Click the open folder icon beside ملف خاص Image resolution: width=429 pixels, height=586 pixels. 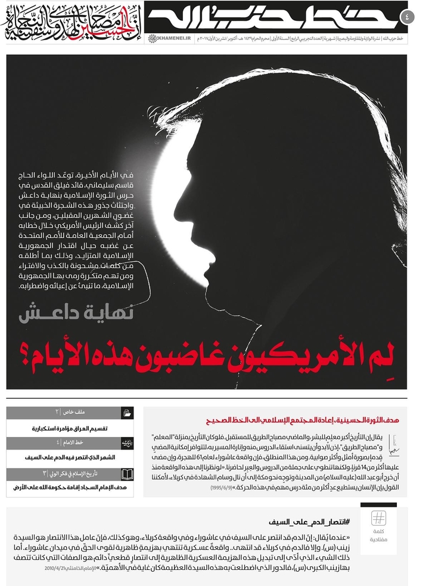[127, 413]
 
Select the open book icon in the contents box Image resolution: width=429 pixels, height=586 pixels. [127, 474]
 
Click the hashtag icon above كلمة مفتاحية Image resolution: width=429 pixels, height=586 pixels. [378, 518]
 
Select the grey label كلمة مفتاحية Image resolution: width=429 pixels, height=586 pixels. [378, 535]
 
